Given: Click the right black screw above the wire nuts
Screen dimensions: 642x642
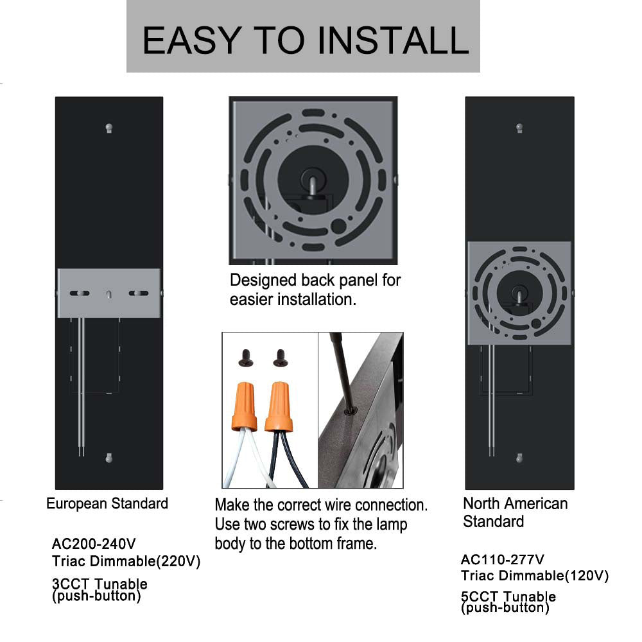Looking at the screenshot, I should pyautogui.click(x=281, y=358).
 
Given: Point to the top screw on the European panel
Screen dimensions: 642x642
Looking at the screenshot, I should pyautogui.click(x=109, y=128).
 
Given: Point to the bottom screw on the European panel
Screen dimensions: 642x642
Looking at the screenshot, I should pyautogui.click(x=109, y=458).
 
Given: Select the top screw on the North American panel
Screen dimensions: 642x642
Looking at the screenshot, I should pyautogui.click(x=519, y=128).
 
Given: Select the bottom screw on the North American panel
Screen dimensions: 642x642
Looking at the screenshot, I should pyautogui.click(x=519, y=458).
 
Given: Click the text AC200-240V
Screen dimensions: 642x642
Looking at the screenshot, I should pyautogui.click(x=94, y=545).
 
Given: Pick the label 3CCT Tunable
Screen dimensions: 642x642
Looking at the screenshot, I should pyautogui.click(x=100, y=584).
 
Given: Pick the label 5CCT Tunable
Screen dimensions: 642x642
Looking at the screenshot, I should pyautogui.click(x=508, y=596).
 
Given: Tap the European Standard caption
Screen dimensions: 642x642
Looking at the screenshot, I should pyautogui.click(x=107, y=503).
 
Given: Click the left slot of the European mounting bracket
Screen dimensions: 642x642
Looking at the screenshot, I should pyautogui.click(x=79, y=293).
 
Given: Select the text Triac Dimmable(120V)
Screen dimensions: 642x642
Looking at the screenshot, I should pyautogui.click(x=535, y=576).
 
